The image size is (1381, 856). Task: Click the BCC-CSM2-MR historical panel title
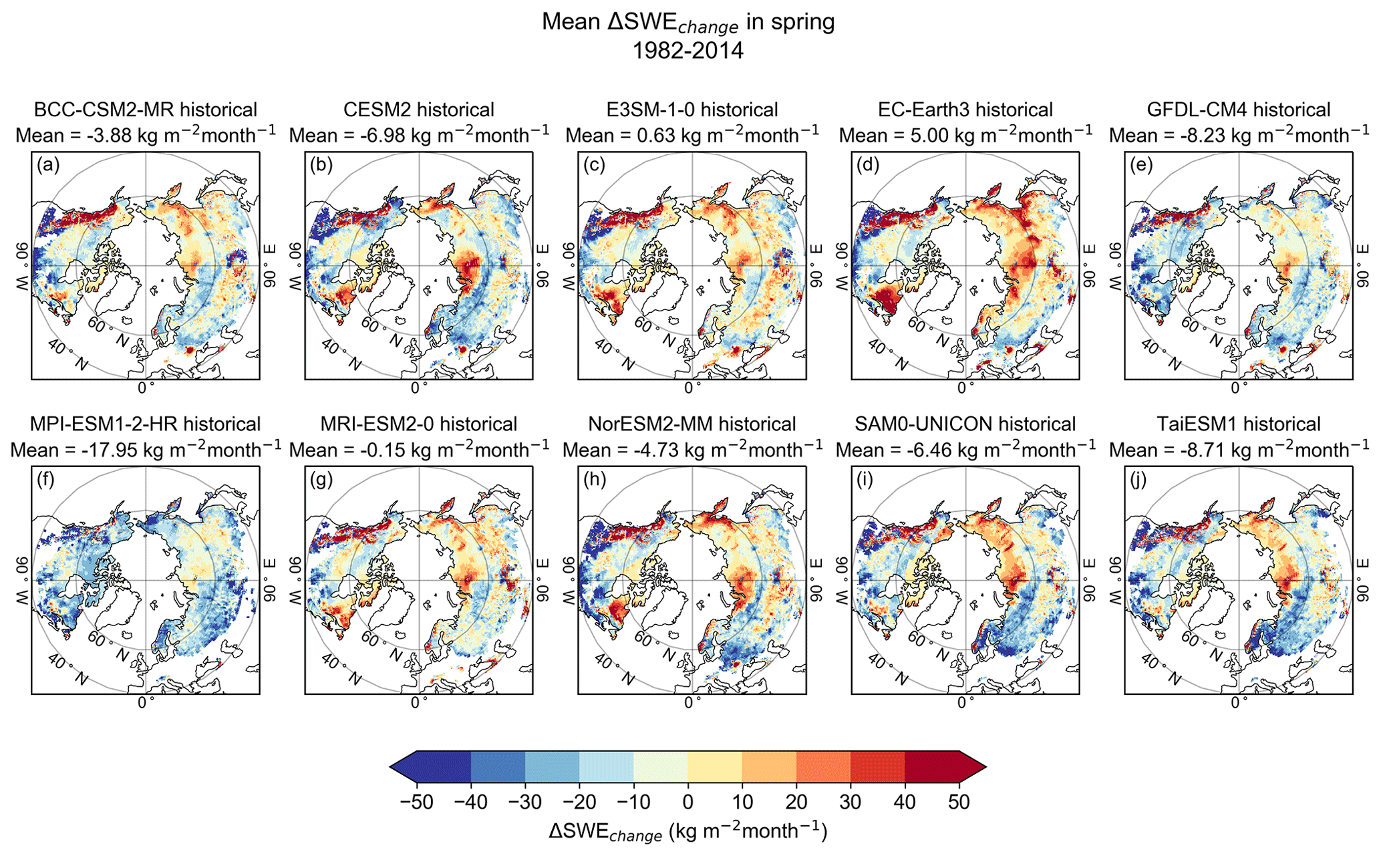coord(146,110)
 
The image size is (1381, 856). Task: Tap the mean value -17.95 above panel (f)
coord(121,450)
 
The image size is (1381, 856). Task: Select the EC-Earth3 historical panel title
coord(965,110)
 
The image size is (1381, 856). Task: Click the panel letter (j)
coord(1141,480)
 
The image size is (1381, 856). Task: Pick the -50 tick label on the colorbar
coord(416,802)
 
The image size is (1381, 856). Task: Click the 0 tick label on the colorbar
coord(687,802)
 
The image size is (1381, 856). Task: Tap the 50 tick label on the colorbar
coord(959,802)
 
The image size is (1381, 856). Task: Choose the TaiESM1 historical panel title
coord(1239,424)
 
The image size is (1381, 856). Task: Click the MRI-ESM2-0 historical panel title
coord(419,424)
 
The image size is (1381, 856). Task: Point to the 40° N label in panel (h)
coord(614,669)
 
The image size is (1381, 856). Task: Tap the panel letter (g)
coord(321,480)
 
